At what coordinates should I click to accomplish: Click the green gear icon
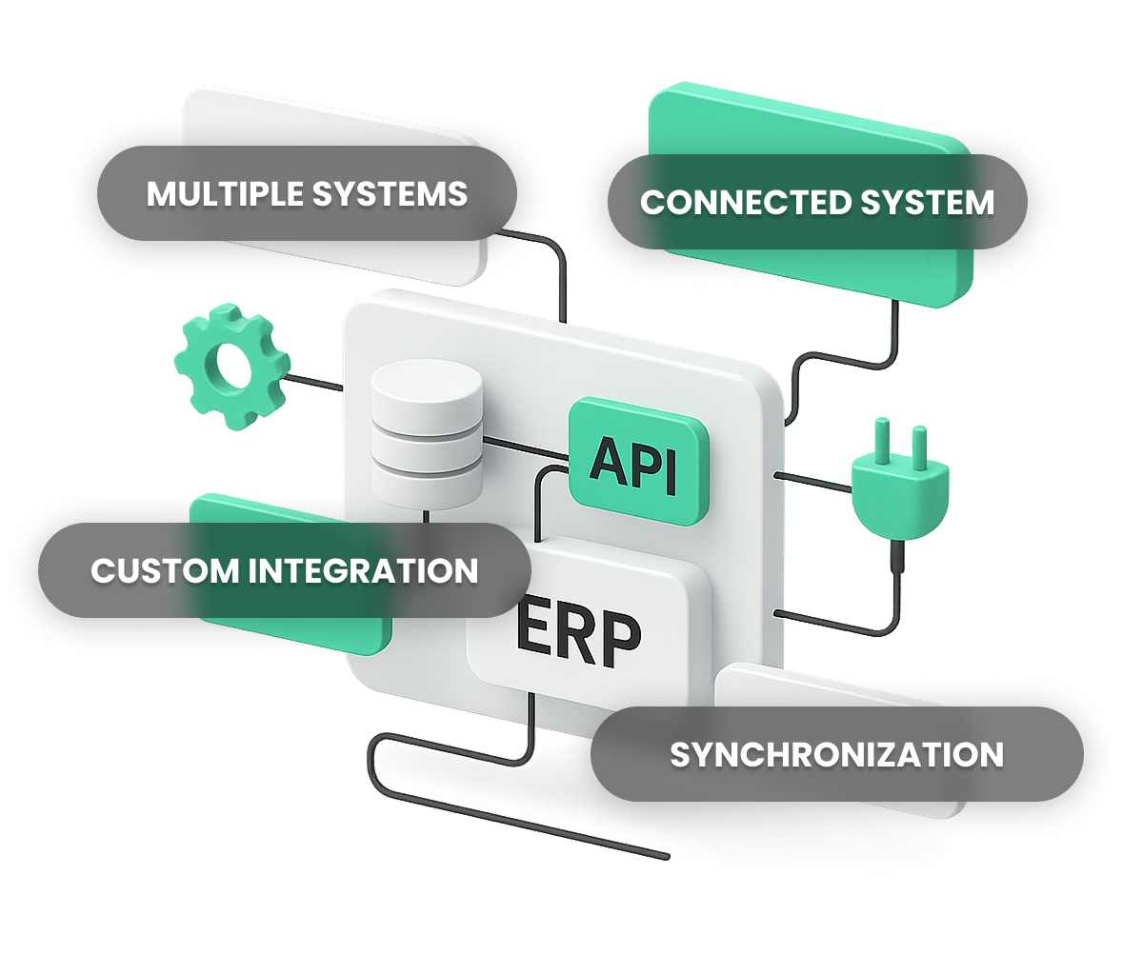[x=231, y=367]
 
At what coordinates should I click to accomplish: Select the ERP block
[x=578, y=631]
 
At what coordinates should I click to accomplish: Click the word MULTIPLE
[x=225, y=194]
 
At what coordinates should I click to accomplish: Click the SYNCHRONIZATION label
[x=836, y=755]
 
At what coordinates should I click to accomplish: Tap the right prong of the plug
[x=919, y=445]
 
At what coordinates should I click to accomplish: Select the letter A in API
[x=606, y=463]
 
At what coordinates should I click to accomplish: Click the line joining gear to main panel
[x=314, y=383]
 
